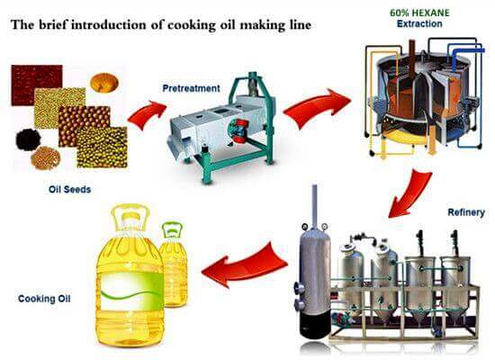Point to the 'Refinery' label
click(x=466, y=213)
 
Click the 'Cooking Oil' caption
click(x=44, y=297)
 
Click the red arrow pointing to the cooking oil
click(x=243, y=267)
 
